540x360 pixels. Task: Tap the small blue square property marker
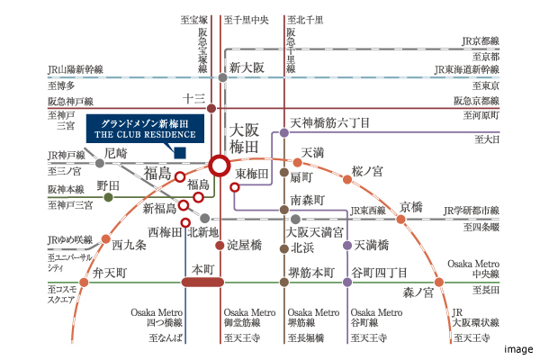(180, 151)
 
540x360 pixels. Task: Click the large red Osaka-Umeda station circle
(219, 165)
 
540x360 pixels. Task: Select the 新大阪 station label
(246, 67)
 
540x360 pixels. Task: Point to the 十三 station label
(194, 99)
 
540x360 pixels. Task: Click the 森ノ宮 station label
(418, 291)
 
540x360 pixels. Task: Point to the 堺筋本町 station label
(310, 272)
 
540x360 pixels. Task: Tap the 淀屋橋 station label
(244, 244)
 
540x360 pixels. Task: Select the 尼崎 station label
(117, 154)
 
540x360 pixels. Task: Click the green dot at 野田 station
(109, 196)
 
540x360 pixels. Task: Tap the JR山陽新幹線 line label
(76, 68)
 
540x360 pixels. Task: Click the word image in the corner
(517, 349)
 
